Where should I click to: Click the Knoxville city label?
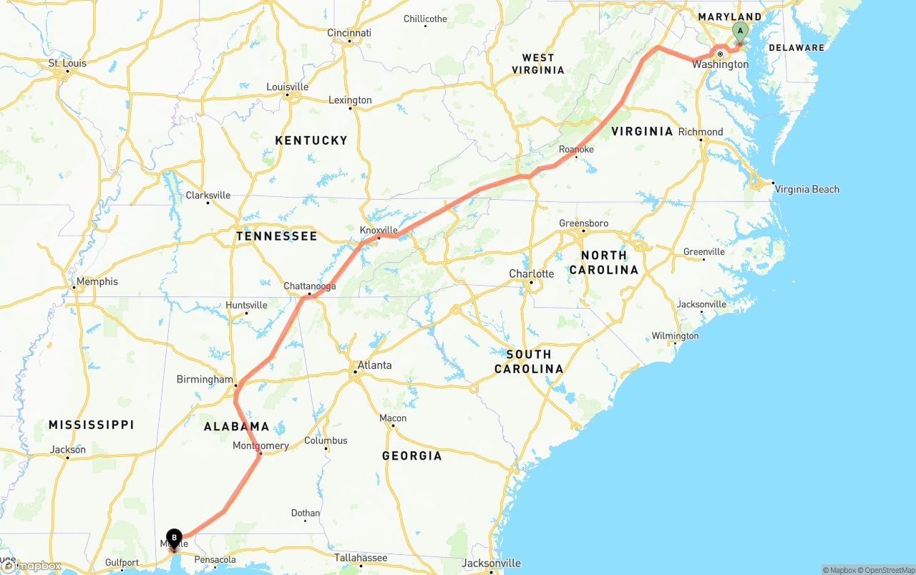point(379,230)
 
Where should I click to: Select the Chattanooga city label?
point(310,286)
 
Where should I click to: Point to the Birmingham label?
point(205,380)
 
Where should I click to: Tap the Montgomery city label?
point(260,445)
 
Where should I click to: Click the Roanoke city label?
point(576,149)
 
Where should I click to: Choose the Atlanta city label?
point(374,365)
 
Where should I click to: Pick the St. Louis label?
point(67,63)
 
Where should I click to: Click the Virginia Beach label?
point(807,189)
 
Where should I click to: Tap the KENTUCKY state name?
point(311,140)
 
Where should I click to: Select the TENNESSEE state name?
point(276,236)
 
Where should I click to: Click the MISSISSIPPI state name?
point(91,425)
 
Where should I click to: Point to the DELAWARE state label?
point(796,48)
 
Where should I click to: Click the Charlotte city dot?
point(531,284)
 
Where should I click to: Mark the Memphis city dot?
point(74,288)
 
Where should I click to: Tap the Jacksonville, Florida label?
point(491,563)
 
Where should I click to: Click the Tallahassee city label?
point(361,558)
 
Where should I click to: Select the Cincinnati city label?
point(349,33)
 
